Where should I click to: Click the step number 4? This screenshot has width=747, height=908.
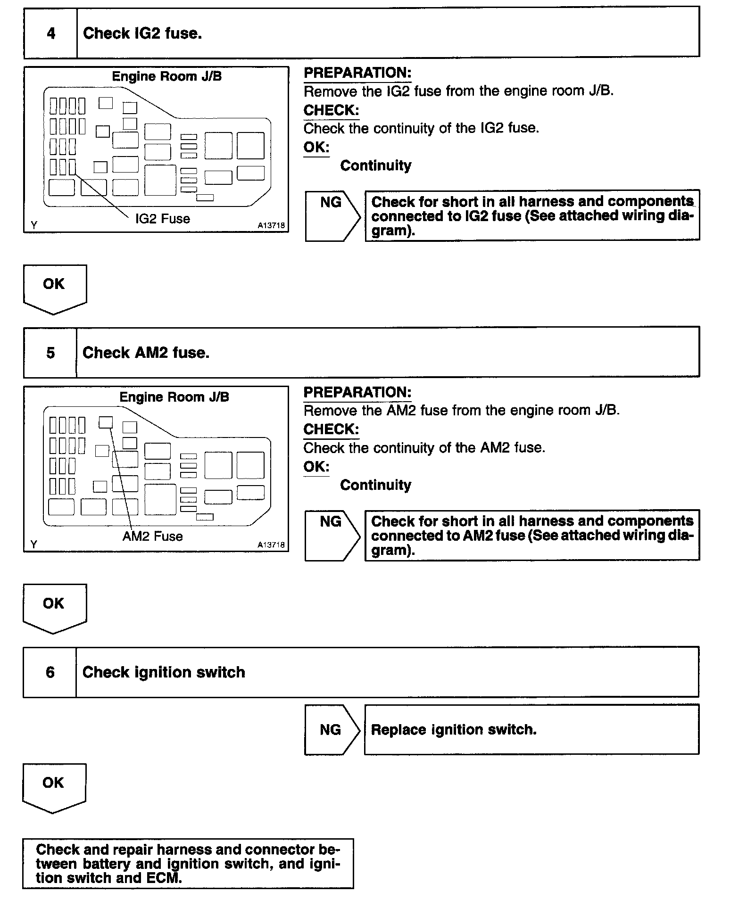51,33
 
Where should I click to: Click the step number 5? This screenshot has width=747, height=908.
50,353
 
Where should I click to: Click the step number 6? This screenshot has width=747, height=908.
50,672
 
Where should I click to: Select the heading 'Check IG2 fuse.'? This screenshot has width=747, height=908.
142,33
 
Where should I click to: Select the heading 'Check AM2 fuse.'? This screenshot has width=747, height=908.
146,353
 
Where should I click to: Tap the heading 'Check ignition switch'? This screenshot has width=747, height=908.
164,672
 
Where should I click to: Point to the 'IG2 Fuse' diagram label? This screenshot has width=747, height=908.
163,219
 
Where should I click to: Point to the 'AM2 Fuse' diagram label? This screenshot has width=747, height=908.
152,537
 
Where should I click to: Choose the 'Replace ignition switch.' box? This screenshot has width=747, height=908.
531,730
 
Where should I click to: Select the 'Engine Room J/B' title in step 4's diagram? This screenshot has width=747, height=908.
167,76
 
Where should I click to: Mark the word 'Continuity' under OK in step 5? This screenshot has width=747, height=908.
376,485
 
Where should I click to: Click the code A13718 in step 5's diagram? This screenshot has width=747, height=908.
271,545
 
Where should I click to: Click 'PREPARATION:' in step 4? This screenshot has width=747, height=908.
357,73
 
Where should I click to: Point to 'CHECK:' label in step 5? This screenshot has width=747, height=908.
331,429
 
